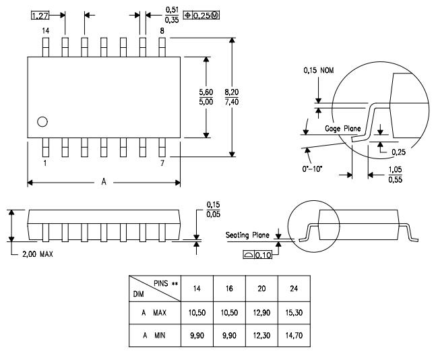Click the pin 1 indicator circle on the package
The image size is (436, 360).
point(42,121)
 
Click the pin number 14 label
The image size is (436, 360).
point(46,31)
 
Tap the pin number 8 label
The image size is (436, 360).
point(162,31)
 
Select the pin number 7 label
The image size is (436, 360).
point(162,164)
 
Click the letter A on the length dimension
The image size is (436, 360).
point(102,183)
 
